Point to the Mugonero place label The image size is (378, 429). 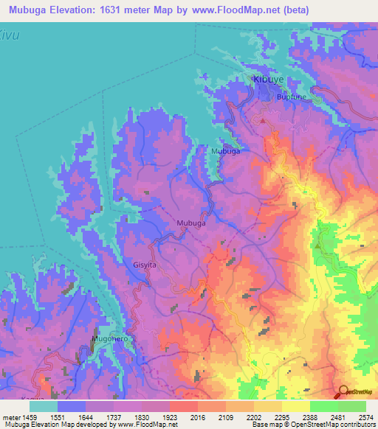[105, 338]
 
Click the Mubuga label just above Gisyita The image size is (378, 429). [191, 222]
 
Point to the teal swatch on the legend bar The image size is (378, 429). [44, 405]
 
